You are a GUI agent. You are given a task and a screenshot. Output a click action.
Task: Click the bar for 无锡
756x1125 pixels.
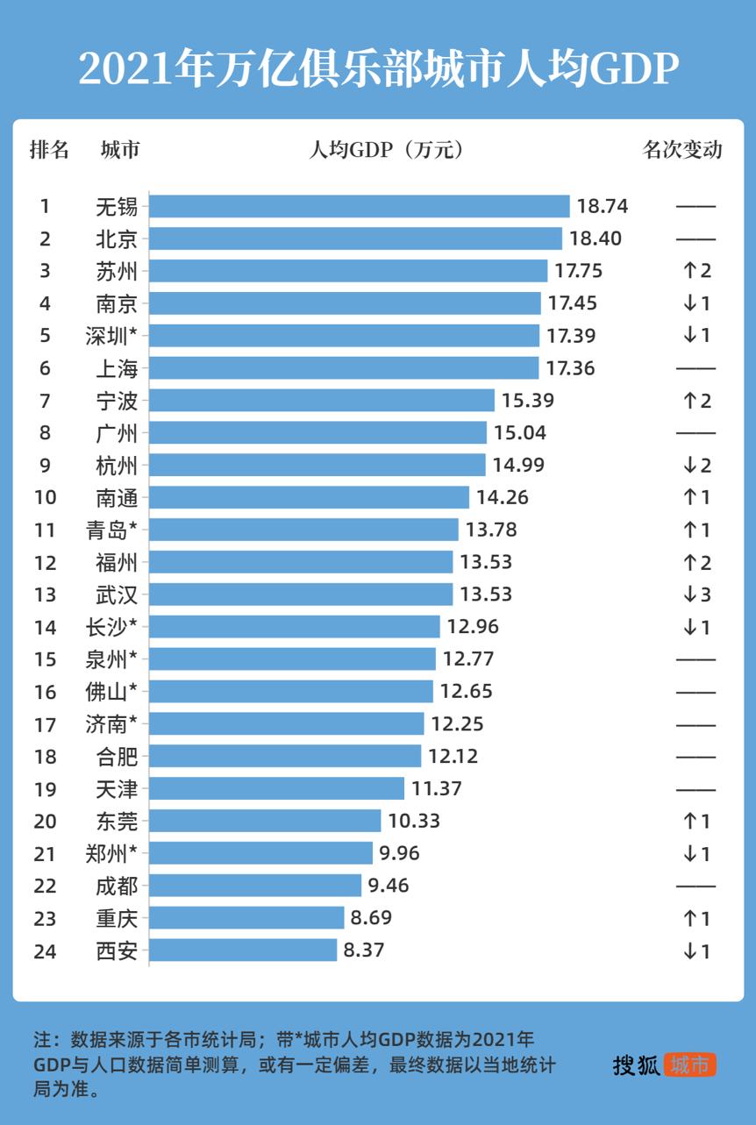360,206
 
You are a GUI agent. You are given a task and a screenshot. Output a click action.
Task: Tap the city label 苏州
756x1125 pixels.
117,271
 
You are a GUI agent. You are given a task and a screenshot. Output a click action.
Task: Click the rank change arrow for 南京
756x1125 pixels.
696,303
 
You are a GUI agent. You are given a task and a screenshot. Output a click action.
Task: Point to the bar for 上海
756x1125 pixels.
344,368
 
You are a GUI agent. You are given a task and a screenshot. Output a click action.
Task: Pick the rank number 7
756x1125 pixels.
46,401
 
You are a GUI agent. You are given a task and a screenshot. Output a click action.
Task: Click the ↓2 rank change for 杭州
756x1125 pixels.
696,465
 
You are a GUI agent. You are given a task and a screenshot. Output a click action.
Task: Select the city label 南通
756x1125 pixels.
117,497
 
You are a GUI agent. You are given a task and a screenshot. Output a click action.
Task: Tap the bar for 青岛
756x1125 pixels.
303,530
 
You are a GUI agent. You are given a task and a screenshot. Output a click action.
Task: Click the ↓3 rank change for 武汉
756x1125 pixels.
696,595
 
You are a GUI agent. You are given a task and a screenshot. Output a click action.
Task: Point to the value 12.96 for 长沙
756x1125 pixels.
473,627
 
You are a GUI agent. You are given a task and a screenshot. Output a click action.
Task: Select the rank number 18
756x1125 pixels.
46,756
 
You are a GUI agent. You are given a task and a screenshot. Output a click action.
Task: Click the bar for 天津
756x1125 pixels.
277,788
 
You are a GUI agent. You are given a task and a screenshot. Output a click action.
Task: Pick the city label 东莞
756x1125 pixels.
117,821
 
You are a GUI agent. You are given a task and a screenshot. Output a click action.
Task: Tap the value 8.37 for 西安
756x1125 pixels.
364,951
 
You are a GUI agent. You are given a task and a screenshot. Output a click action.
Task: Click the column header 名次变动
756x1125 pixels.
682,150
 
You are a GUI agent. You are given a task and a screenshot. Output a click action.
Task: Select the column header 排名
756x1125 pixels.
49,150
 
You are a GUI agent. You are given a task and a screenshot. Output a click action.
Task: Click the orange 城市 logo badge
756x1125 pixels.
690,1065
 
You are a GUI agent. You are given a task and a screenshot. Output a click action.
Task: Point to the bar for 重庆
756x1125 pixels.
246,918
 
